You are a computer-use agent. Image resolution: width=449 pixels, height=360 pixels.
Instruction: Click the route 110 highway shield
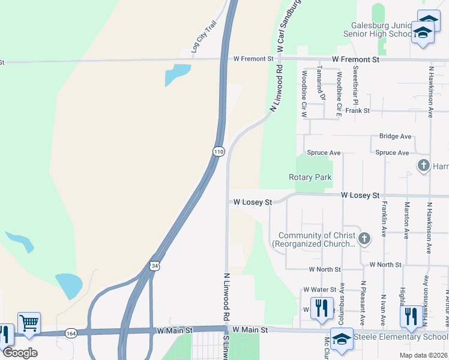tap(218, 152)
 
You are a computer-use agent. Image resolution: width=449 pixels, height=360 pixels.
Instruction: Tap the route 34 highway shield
tap(154, 265)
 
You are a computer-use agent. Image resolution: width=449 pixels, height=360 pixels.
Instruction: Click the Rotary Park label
tap(310, 177)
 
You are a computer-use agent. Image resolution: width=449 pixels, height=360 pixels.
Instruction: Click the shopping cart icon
tap(29, 323)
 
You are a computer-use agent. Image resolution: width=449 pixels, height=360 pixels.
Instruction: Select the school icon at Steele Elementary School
tap(342, 338)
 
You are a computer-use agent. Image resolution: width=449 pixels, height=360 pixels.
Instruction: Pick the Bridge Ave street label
tap(394, 137)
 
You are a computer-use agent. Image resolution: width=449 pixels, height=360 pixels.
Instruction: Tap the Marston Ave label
tap(406, 220)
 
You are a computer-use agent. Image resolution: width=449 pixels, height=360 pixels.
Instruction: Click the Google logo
tap(20, 353)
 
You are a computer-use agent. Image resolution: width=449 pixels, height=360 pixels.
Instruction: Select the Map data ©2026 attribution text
tap(423, 355)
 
